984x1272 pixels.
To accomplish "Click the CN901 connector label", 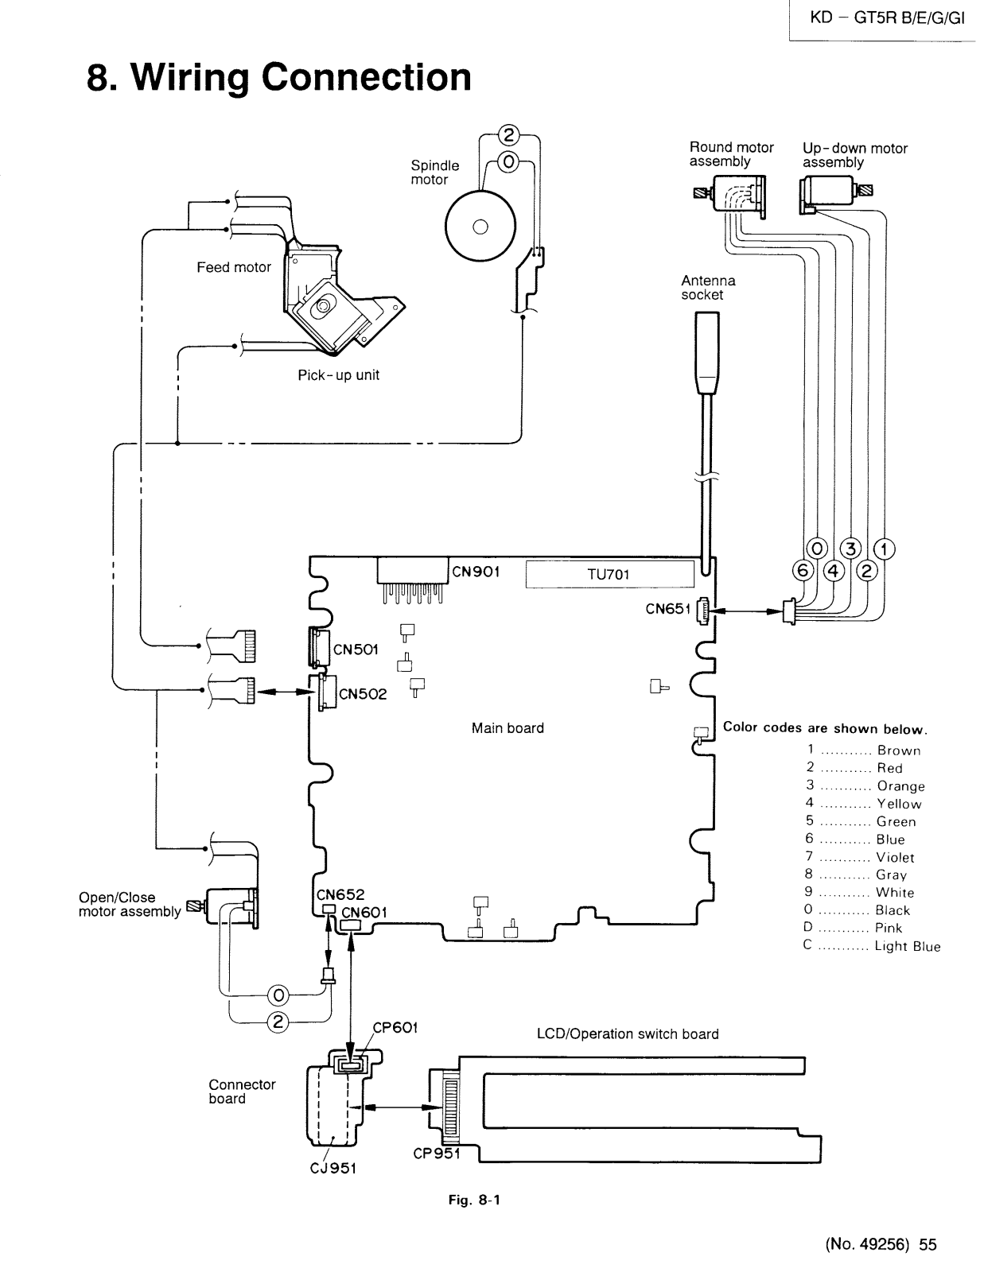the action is click(x=476, y=572).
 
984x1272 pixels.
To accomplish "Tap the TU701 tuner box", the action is click(x=609, y=574).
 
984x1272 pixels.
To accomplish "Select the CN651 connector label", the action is click(x=668, y=609).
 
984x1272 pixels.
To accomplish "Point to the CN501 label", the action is click(x=356, y=650).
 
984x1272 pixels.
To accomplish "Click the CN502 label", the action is click(x=364, y=694).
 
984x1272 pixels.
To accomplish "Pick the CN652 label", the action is click(x=340, y=894).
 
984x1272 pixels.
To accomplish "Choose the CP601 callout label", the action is click(x=395, y=1027).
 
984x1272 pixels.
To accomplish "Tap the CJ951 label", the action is click(x=333, y=1168).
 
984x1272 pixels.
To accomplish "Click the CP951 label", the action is click(x=437, y=1154).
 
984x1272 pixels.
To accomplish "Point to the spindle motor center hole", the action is click(x=480, y=227).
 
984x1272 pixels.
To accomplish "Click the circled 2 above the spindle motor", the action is click(x=508, y=135).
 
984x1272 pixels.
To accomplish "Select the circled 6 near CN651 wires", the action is click(x=803, y=570).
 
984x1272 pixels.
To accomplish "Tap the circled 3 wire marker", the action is click(x=851, y=549).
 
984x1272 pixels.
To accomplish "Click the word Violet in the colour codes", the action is click(x=895, y=858).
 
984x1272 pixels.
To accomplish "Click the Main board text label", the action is click(x=508, y=727).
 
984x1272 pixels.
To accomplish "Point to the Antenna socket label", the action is click(x=708, y=288).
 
